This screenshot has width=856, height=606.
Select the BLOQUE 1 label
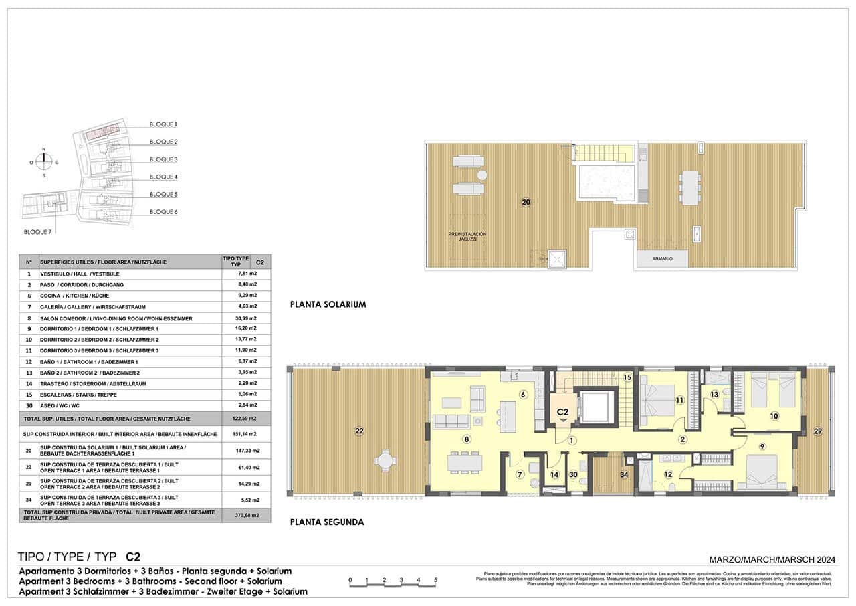coord(163,124)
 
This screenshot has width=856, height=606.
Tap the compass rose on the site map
coord(44,161)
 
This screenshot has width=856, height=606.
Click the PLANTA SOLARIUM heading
coord(328,304)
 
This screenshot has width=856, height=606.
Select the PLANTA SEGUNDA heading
coord(327,522)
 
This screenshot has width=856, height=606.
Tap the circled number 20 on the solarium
coord(526,201)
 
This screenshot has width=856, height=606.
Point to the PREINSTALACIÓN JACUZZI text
coord(467,237)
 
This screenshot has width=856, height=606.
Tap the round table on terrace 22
coord(385,460)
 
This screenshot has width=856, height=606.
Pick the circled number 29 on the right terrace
coord(817,432)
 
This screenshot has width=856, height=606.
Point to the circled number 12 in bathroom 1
coord(667,474)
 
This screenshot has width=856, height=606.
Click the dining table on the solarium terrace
coord(689,187)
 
